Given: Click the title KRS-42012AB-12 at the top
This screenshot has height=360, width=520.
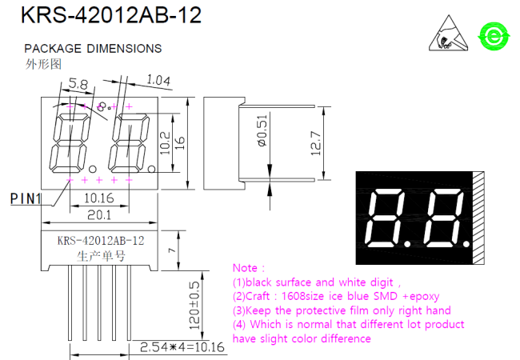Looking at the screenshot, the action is (x=111, y=15).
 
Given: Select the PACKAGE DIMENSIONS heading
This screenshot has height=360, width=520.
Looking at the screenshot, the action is (x=93, y=48).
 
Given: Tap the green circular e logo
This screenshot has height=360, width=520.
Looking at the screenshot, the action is (x=494, y=36).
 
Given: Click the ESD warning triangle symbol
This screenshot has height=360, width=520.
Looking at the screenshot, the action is (x=449, y=33).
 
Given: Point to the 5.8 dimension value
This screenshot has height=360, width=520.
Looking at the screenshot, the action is (x=78, y=84).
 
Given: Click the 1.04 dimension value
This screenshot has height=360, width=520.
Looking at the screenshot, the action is (x=158, y=80).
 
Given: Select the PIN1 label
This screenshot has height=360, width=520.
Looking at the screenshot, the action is (x=26, y=199).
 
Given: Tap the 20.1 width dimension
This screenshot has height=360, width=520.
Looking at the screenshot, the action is (x=99, y=215).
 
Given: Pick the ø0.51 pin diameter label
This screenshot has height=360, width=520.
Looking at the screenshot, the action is (x=262, y=130).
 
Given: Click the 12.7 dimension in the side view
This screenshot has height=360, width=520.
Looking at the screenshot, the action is (x=316, y=143).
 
